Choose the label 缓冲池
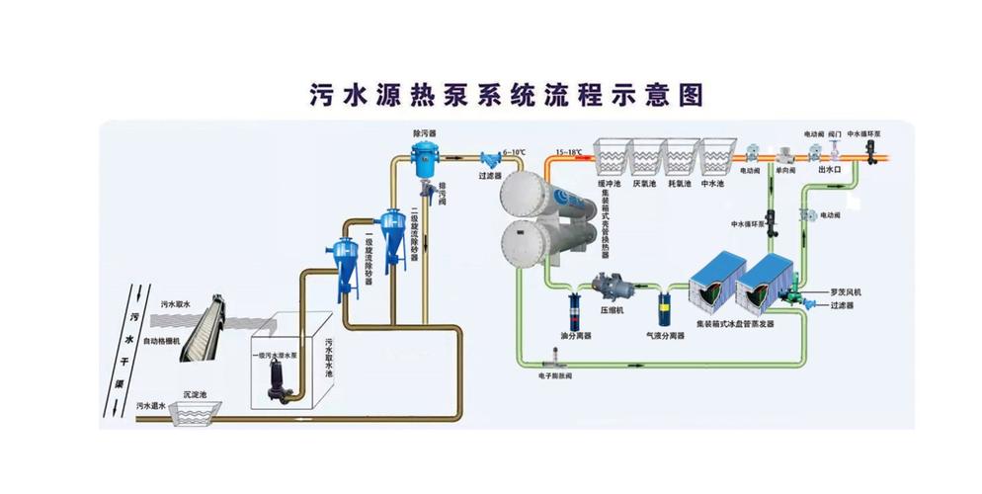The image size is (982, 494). tap(610, 183)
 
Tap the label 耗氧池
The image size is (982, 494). tap(680, 183)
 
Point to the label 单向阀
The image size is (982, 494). tap(785, 170)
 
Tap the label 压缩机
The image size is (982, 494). tap(614, 308)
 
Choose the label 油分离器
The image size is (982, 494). tap(575, 336)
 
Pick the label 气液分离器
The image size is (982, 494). tap(666, 336)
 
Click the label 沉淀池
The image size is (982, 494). tap(194, 395)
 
